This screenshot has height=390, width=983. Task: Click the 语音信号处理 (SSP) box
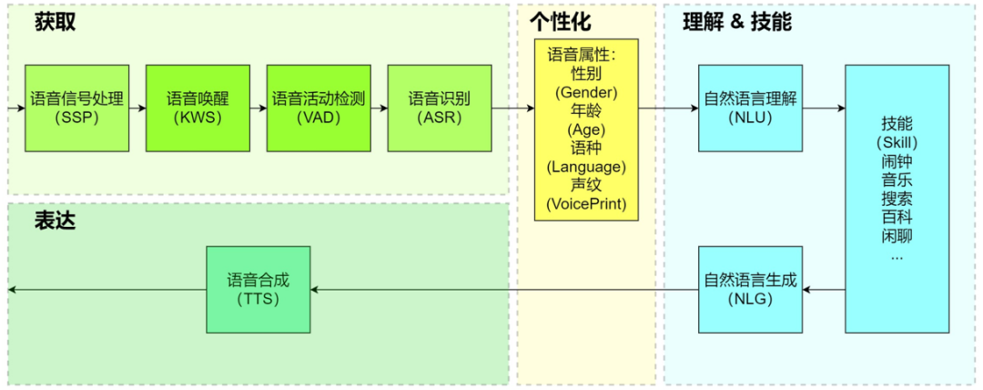pos(77,108)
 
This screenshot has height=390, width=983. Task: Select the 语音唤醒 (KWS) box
pos(198,108)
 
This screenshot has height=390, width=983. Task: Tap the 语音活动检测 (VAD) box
pos(319,108)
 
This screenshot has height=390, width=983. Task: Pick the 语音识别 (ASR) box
pos(440,108)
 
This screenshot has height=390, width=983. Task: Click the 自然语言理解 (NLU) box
pos(750,108)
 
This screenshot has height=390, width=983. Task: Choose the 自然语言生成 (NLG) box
pos(750,290)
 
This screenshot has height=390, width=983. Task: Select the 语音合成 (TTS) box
pos(258,290)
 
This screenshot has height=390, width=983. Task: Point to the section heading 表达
pos(56,221)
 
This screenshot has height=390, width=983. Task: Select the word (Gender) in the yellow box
pos(586,93)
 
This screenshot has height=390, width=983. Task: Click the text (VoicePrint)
pos(586,204)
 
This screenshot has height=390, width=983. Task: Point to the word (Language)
pos(586,167)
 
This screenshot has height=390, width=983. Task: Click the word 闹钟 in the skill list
pos(897,160)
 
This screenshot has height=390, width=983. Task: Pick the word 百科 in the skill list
pos(897,217)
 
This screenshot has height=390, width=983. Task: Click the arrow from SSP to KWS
pos(138,108)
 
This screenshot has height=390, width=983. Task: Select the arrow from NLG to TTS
pos(504,290)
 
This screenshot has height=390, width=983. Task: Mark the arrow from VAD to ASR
pos(380,108)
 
